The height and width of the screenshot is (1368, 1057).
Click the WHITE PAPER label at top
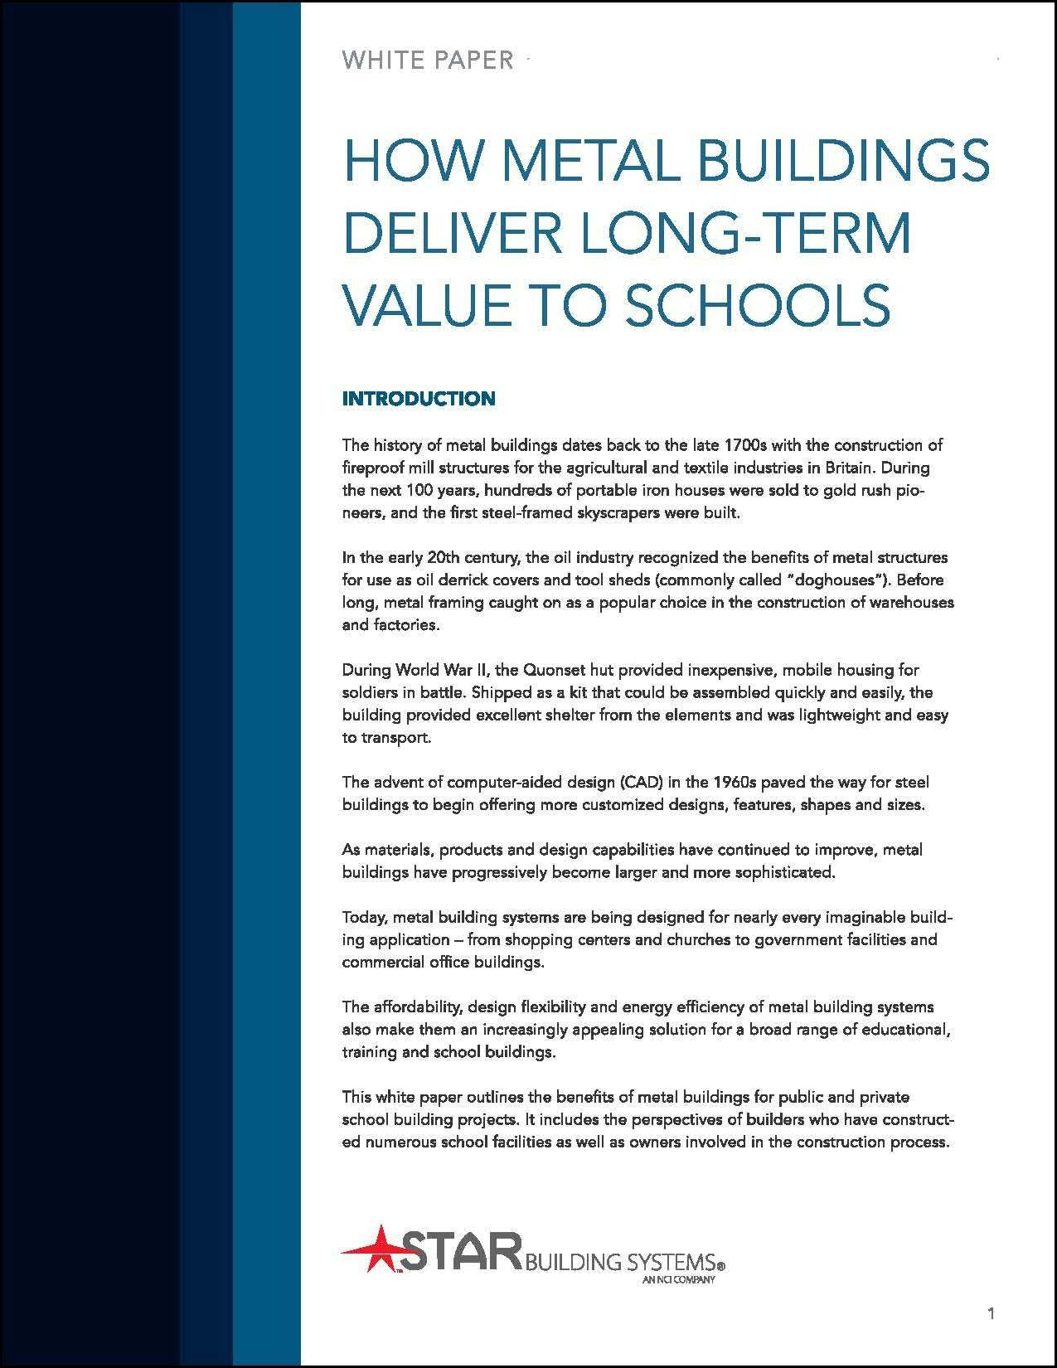coord(428,61)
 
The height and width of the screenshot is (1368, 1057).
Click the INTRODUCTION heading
coord(419,399)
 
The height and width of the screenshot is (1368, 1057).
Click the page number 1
coord(992,1312)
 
